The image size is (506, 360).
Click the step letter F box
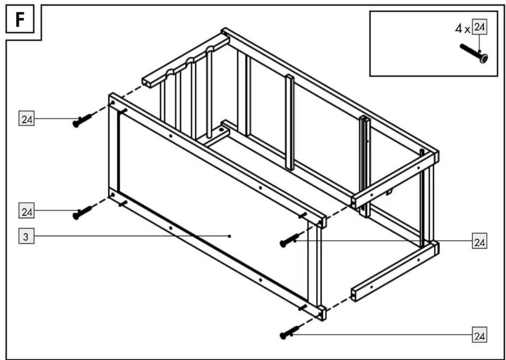(20, 19)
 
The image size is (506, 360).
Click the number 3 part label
(26, 236)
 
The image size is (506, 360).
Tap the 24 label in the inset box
(480, 27)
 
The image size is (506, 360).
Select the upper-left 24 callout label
(26, 118)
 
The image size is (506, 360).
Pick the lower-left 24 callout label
(26, 210)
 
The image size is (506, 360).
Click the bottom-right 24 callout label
(480, 335)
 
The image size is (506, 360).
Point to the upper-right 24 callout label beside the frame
(480, 241)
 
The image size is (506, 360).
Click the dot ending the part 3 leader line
(229, 237)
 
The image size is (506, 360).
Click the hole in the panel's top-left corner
(113, 103)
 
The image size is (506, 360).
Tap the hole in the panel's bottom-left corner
(113, 195)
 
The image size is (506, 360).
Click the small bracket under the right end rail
(389, 192)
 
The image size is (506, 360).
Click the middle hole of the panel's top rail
(260, 188)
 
